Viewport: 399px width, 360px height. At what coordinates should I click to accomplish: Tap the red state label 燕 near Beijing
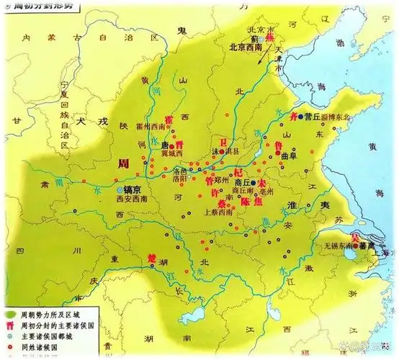[x=270, y=34]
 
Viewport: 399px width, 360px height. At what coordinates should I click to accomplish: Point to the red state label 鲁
[x=277, y=144]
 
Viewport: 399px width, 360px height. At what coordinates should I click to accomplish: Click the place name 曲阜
[x=289, y=155]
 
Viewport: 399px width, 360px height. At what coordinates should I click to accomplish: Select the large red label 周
[x=123, y=164]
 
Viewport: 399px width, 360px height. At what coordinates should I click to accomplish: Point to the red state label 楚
[x=151, y=257]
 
